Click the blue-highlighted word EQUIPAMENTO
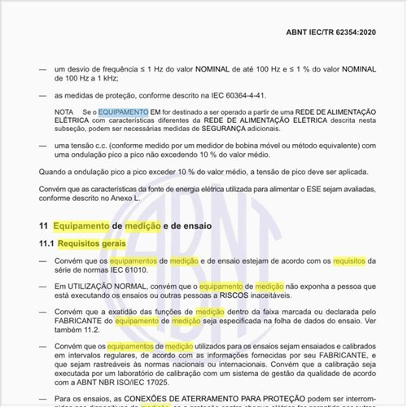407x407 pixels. pyautogui.click(x=124, y=110)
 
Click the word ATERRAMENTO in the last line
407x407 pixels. pyautogui.click(x=195, y=399)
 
